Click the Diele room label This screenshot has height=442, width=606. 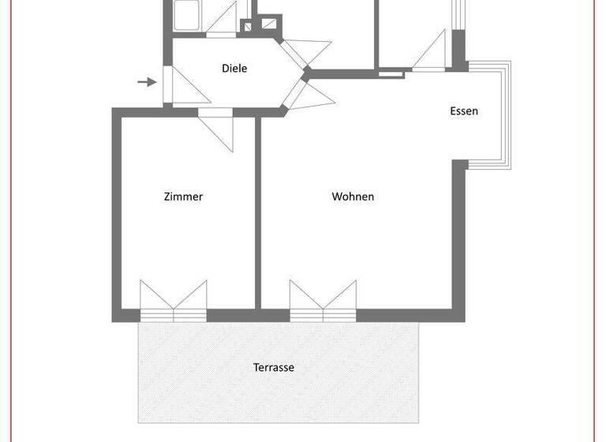(234, 69)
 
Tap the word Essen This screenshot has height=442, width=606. (464, 111)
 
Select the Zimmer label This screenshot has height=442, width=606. (183, 197)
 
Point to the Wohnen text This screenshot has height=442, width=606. (353, 197)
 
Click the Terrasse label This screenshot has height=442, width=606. (274, 367)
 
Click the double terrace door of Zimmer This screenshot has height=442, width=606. (174, 299)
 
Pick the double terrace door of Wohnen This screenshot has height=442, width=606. (323, 299)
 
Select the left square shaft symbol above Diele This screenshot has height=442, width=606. (246, 26)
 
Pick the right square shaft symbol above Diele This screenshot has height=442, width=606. (270, 21)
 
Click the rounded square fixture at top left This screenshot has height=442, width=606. (188, 15)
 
